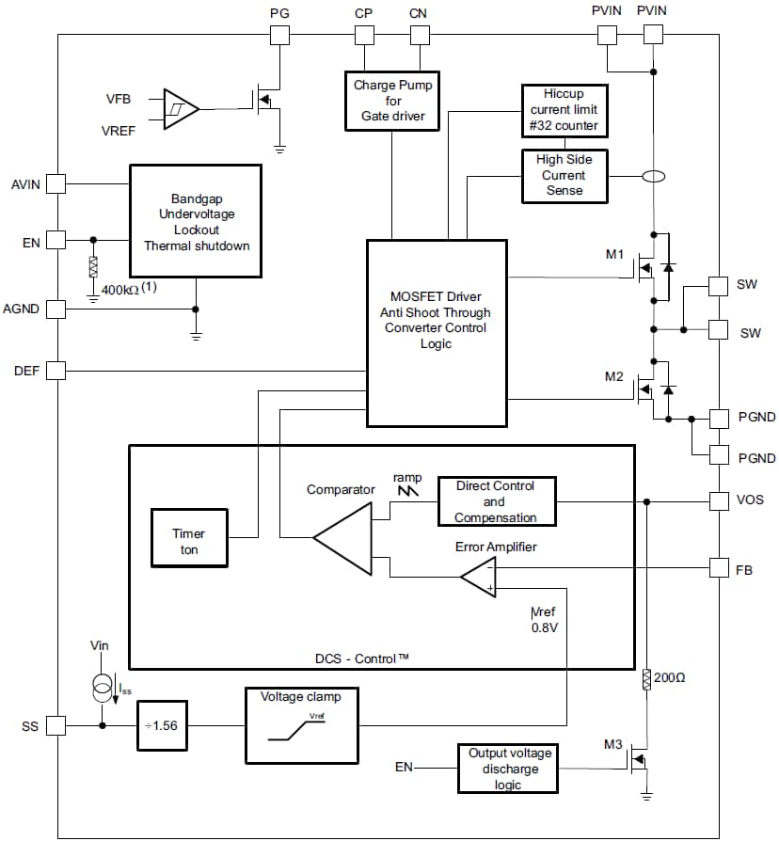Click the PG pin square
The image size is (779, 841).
click(x=279, y=35)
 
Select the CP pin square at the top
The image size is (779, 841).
click(x=363, y=35)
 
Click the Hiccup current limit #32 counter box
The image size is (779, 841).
click(x=564, y=111)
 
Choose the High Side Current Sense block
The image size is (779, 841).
click(x=564, y=176)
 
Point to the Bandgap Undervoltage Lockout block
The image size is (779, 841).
click(x=195, y=221)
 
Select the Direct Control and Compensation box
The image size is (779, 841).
click(x=495, y=502)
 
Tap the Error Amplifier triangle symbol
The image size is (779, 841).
click(x=480, y=577)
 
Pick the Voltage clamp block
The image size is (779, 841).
click(x=300, y=725)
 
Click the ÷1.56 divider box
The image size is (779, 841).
click(x=163, y=725)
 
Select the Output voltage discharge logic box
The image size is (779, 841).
click(x=510, y=768)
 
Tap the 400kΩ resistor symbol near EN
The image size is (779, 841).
click(x=92, y=266)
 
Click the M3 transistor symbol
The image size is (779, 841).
click(x=640, y=758)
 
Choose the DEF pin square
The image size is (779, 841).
click(x=56, y=371)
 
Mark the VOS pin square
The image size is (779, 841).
click(x=718, y=501)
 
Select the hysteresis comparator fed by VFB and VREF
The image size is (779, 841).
click(x=181, y=109)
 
